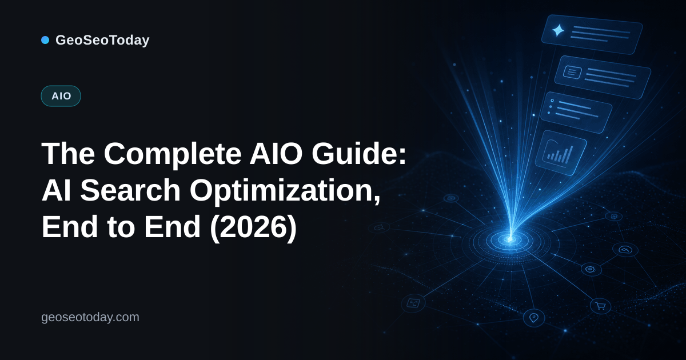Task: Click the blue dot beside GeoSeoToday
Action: tap(45, 40)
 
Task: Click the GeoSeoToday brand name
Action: tap(102, 40)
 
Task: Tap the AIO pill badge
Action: tap(61, 96)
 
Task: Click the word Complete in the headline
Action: tap(173, 154)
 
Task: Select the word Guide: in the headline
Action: tap(359, 153)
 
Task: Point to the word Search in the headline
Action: tap(130, 190)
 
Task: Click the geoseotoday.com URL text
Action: tap(90, 317)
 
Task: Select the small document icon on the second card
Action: tap(572, 73)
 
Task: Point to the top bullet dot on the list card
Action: tap(552, 101)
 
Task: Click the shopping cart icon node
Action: tap(600, 306)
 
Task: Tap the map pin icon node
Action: tap(534, 318)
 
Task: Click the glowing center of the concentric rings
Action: tap(510, 239)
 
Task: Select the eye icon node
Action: tap(591, 270)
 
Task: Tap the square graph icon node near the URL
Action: tap(413, 303)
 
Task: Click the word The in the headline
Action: tap(68, 154)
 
